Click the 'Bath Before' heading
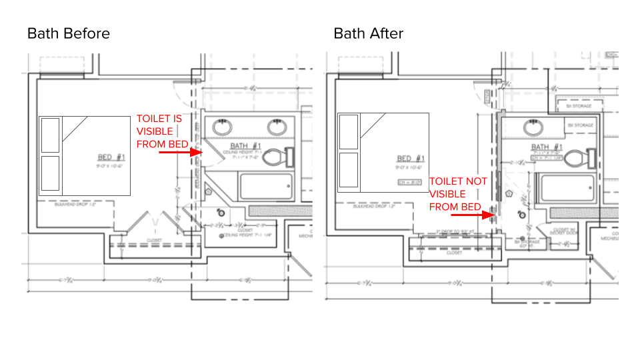pyautogui.click(x=69, y=33)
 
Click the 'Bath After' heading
pyautogui.click(x=369, y=33)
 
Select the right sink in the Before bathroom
pyautogui.click(x=277, y=127)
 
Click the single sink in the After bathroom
pyautogui.click(x=533, y=127)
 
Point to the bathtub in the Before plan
pyautogui.click(x=266, y=186)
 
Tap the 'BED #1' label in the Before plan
pyautogui.click(x=111, y=157)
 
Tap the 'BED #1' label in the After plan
pyautogui.click(x=411, y=158)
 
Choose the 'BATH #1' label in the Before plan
pyautogui.click(x=245, y=145)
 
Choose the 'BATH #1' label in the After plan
pyautogui.click(x=545, y=146)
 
